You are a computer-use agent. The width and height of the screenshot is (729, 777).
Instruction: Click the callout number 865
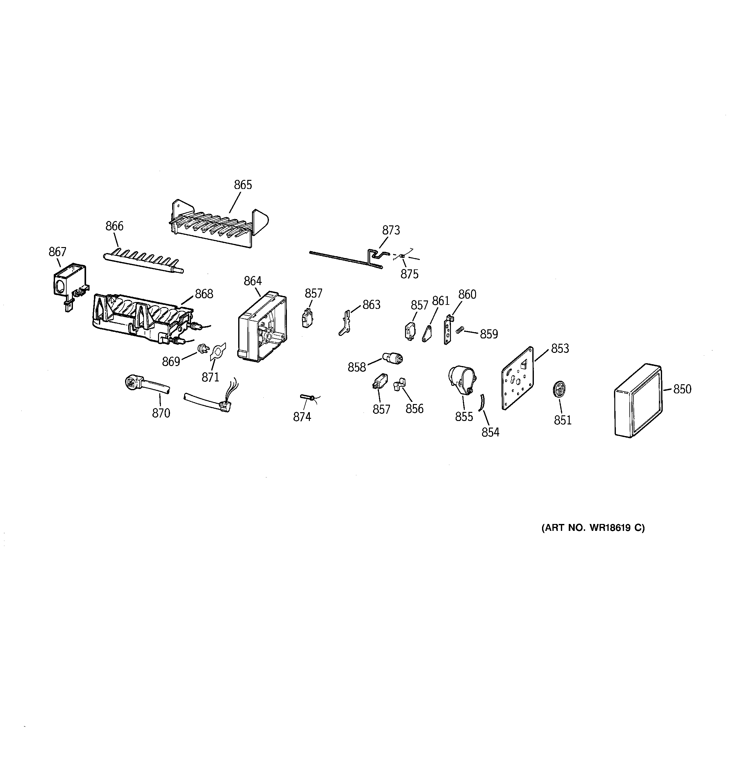pos(243,185)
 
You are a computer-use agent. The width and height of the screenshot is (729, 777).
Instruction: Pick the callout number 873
pos(391,230)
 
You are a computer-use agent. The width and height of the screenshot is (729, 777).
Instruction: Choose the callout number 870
pos(161,413)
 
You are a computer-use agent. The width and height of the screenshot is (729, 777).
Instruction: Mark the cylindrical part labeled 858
pos(392,357)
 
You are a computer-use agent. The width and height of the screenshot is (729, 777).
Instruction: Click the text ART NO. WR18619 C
pos(593,528)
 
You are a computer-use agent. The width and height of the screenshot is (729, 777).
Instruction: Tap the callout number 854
pos(490,432)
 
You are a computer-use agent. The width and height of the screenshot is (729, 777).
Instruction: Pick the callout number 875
pos(409,274)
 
